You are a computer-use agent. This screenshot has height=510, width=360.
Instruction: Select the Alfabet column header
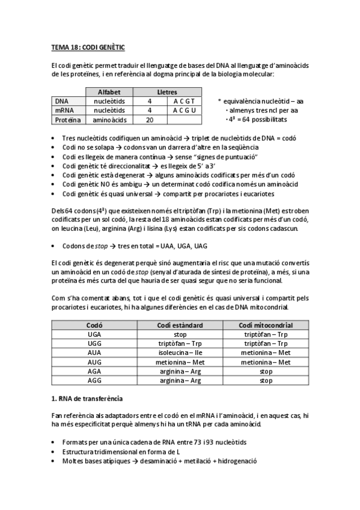click(109, 92)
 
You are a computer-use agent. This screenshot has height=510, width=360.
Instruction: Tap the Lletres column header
click(166, 92)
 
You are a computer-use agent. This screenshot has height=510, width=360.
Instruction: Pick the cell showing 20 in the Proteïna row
click(149, 120)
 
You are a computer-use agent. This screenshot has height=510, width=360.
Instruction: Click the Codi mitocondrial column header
click(266, 325)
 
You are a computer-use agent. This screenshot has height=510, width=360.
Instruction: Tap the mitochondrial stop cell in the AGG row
click(266, 381)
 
